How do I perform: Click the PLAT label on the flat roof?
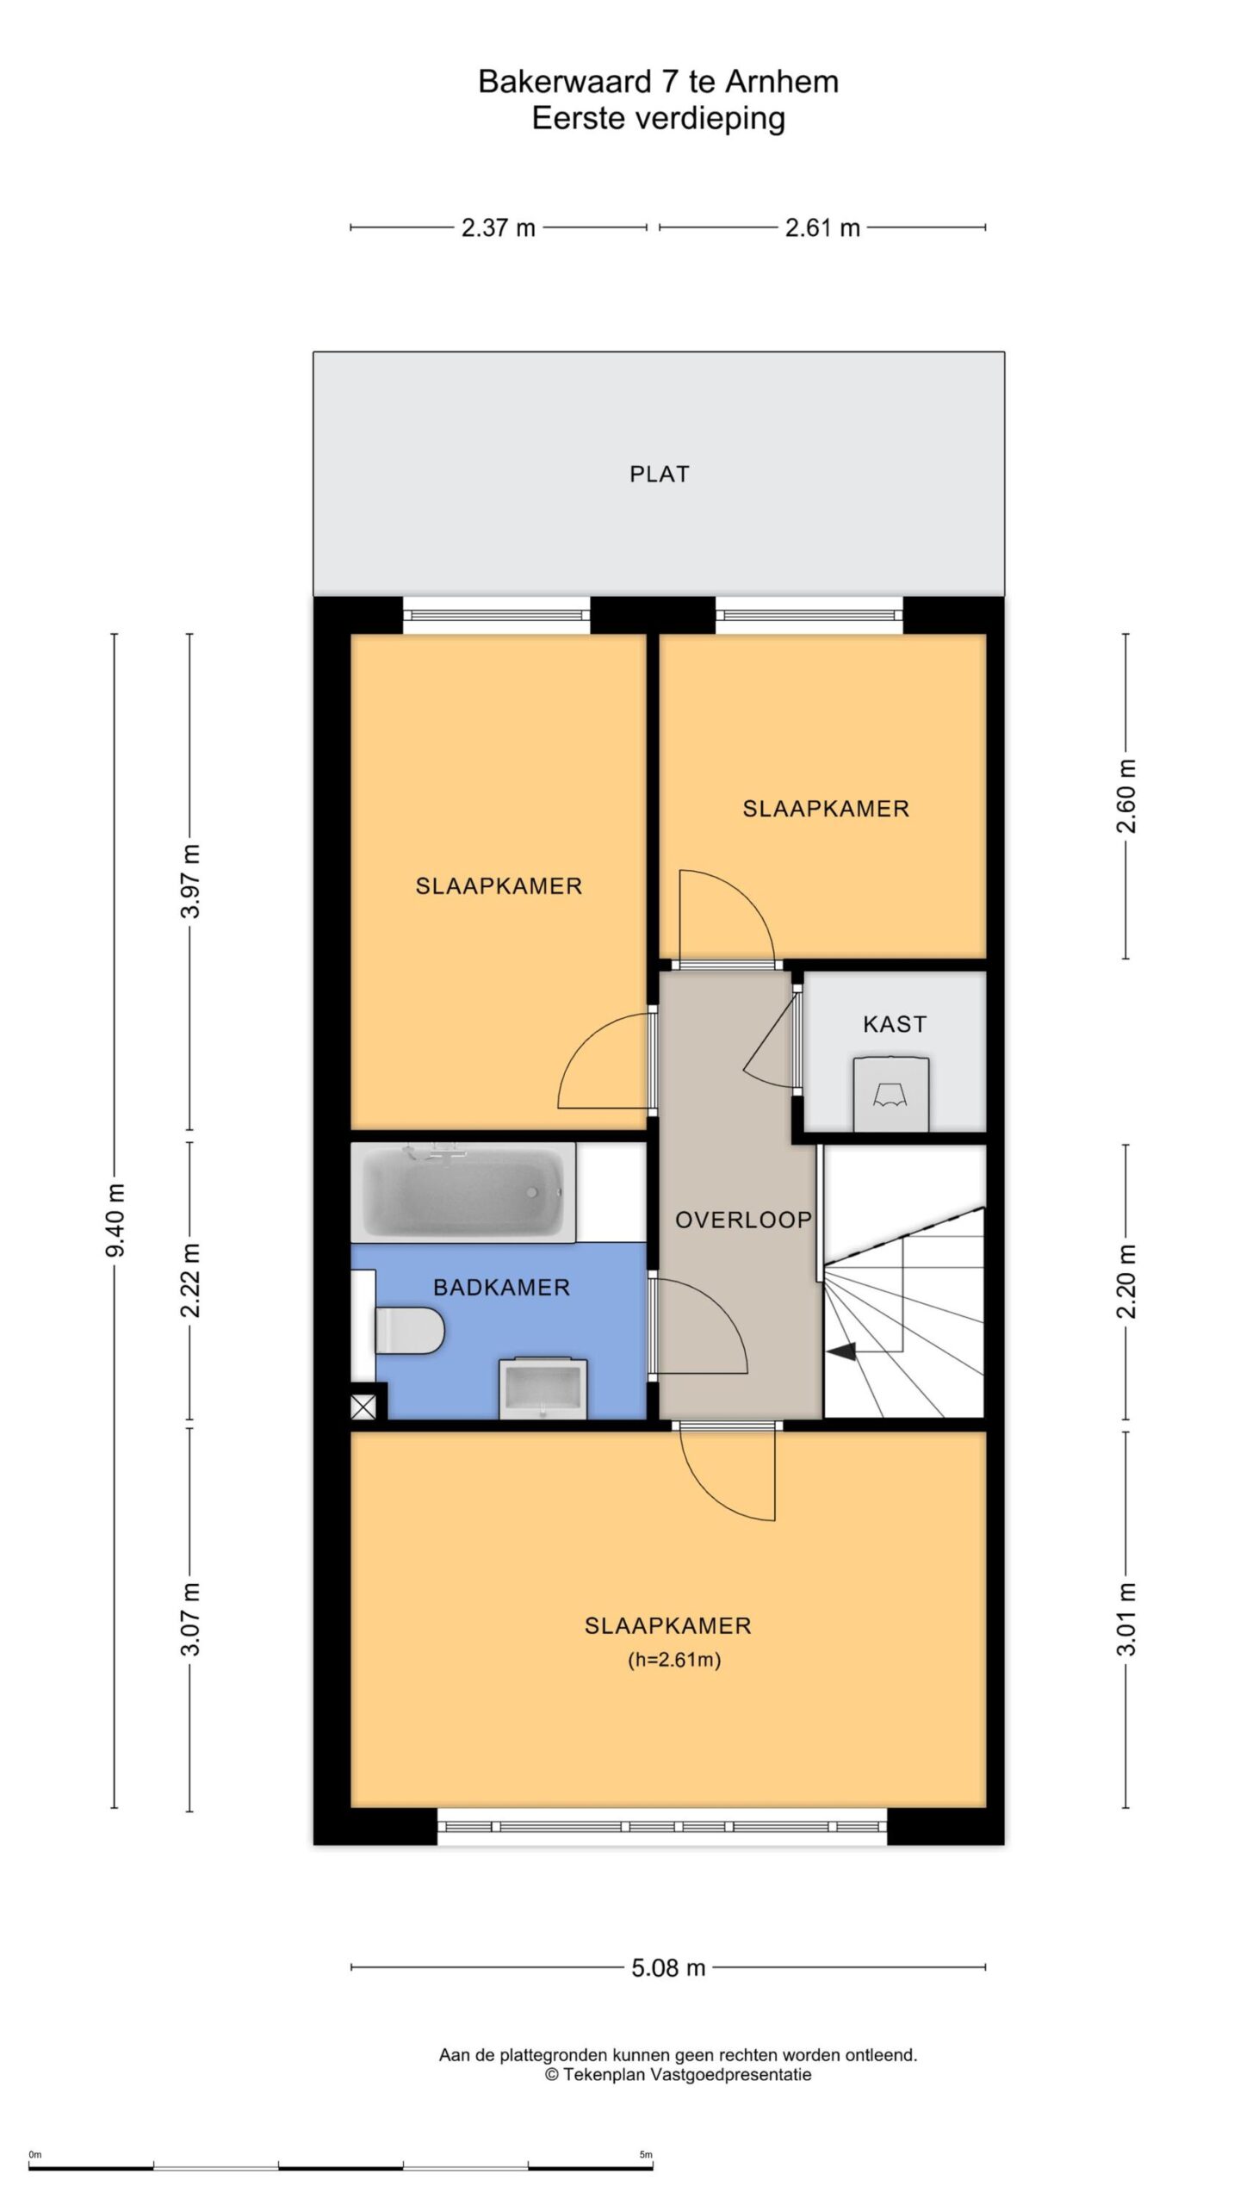(659, 474)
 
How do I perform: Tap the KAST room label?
(895, 1024)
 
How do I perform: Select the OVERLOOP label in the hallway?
(743, 1220)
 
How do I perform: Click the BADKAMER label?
(501, 1288)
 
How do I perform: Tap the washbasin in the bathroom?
(542, 1388)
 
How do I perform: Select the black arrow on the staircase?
(843, 1351)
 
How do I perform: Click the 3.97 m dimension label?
(190, 882)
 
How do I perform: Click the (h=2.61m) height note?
(674, 1660)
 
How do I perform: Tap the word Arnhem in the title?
(782, 83)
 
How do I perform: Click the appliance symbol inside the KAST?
(891, 1093)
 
